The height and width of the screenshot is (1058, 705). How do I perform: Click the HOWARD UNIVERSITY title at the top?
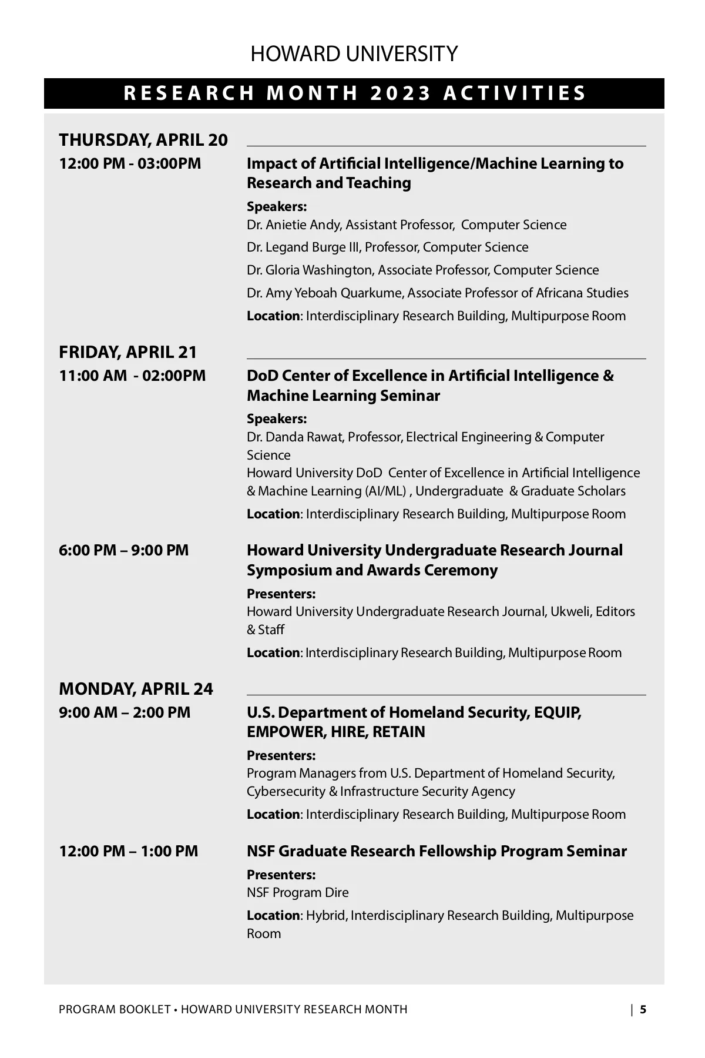[x=354, y=54]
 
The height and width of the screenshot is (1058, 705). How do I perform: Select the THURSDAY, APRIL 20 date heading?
[x=143, y=140]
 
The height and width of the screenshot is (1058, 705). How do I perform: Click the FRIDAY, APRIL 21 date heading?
[x=128, y=352]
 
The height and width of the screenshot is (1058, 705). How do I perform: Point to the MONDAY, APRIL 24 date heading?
[x=136, y=689]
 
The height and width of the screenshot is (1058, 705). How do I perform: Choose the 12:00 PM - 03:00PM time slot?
[x=130, y=163]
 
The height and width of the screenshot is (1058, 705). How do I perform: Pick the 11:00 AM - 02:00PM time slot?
[x=132, y=376]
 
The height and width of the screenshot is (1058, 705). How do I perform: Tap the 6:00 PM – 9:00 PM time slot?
[x=124, y=551]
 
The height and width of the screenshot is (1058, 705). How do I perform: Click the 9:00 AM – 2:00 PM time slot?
[x=125, y=712]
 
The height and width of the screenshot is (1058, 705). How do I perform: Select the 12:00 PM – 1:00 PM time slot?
[x=129, y=851]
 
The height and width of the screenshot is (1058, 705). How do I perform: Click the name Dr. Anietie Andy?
[x=294, y=225]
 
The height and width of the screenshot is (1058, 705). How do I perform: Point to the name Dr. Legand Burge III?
[x=303, y=247]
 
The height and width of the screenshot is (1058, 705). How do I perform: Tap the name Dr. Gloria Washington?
[x=310, y=270]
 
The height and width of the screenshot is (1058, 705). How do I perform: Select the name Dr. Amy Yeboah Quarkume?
[x=324, y=293]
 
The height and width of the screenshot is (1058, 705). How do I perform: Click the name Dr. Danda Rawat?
[x=295, y=437]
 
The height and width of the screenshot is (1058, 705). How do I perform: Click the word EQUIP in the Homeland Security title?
[x=557, y=712]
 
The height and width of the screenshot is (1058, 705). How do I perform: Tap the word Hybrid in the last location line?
[x=325, y=916]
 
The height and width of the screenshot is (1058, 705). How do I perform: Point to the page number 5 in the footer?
[x=643, y=1010]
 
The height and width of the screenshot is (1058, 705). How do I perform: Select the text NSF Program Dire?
[x=297, y=893]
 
